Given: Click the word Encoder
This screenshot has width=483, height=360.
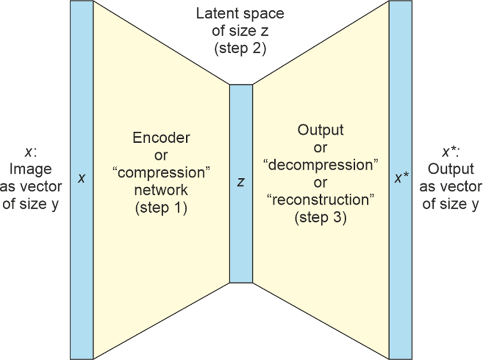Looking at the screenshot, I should pos(161,138).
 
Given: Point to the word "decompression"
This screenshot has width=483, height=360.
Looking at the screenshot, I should pos(320,165).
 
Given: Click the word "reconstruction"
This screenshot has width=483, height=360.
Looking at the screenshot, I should pos(320,200).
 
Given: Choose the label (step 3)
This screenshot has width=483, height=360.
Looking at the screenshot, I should pos(320,218).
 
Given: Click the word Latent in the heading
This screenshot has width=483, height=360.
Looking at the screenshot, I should pos(216,13).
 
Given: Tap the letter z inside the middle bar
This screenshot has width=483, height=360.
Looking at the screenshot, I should pos(241,183).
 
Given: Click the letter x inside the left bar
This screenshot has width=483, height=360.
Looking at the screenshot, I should pos(81,178).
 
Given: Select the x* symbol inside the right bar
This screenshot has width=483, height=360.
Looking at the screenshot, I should pos(401,178).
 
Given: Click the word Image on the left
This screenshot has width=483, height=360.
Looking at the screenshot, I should pos(31,169).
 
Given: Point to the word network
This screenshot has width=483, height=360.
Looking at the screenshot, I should pos(161,190).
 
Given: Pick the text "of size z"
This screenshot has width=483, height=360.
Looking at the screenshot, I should pos(240,31).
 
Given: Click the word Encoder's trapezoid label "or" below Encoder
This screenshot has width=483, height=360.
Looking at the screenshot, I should pos(161,156).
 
